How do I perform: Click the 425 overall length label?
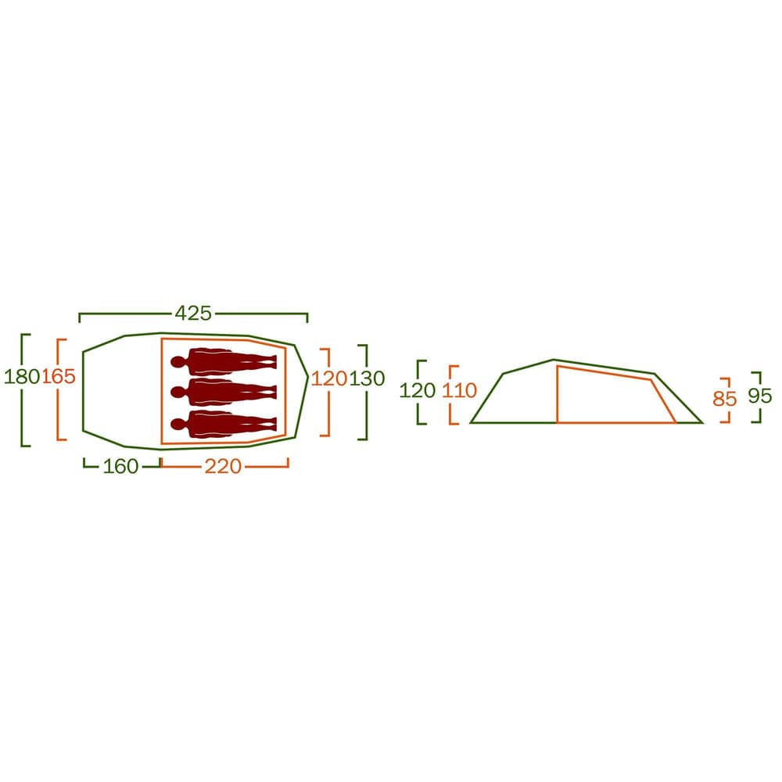(x=193, y=314)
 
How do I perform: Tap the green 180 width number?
(x=22, y=377)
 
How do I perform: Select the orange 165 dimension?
(x=59, y=377)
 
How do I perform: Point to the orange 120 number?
(x=329, y=378)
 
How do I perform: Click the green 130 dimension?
(x=367, y=378)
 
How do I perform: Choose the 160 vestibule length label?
(x=120, y=466)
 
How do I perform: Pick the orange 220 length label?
(x=223, y=466)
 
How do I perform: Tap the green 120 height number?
(x=418, y=390)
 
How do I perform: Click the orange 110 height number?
(x=459, y=390)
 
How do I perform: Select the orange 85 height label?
(x=725, y=399)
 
